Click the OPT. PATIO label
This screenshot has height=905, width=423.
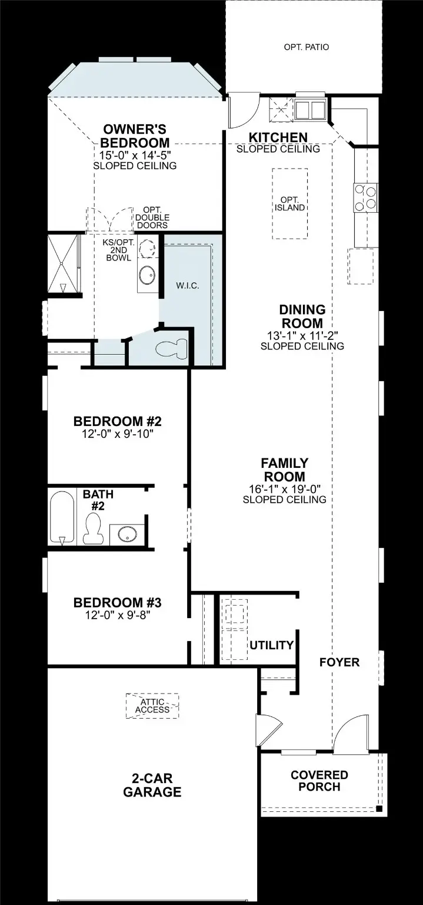click(x=307, y=47)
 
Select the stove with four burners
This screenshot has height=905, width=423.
click(x=366, y=197)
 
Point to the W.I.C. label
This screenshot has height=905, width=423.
click(x=188, y=286)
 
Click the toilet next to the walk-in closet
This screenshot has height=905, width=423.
click(x=171, y=348)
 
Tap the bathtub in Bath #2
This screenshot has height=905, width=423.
click(x=62, y=517)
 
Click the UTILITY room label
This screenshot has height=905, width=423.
click(x=271, y=645)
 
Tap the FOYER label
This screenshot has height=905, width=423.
click(x=339, y=662)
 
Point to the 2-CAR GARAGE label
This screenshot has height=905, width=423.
click(x=152, y=785)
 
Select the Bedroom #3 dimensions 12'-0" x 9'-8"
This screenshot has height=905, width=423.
click(x=117, y=615)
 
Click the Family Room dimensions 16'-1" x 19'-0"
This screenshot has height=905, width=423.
click(x=285, y=489)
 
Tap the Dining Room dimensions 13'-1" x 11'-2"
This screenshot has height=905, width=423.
click(x=302, y=335)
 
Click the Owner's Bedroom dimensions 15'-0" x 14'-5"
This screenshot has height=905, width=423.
click(x=135, y=155)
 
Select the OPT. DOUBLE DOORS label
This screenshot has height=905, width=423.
click(x=152, y=218)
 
